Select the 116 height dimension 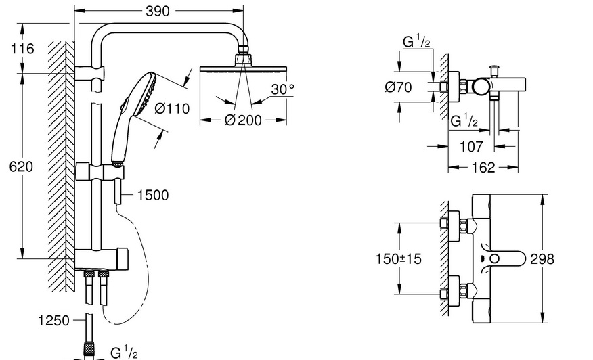click(x=22, y=49)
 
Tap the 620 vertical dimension click(x=21, y=166)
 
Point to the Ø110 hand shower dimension click(x=172, y=108)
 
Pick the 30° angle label click(x=283, y=89)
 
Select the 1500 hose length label click(x=152, y=196)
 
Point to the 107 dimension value click(x=471, y=145)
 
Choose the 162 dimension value click(x=482, y=167)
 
